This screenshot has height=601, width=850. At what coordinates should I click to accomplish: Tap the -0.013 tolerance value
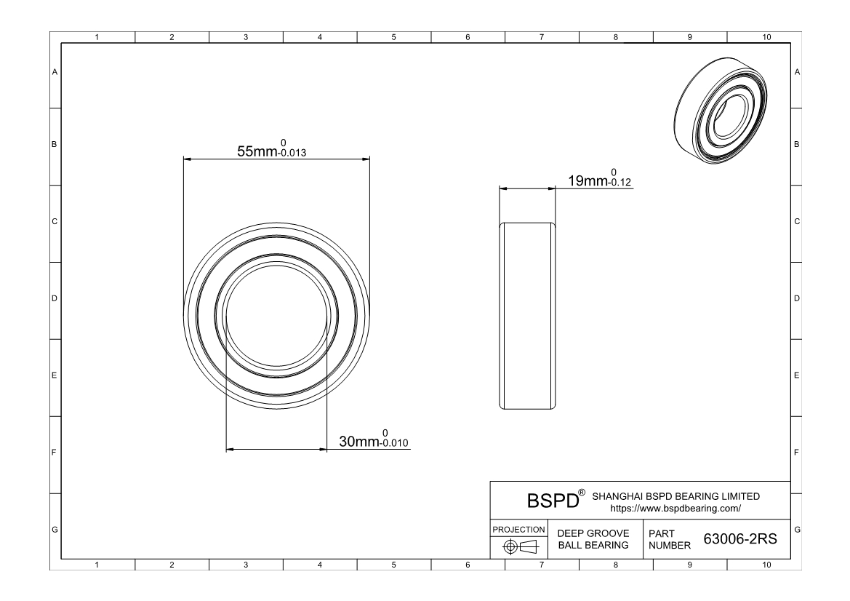click(x=292, y=153)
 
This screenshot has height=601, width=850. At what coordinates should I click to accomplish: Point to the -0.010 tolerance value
click(x=394, y=443)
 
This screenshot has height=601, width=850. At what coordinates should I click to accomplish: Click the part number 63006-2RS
click(x=740, y=538)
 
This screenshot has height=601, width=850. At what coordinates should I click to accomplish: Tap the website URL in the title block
click(x=675, y=509)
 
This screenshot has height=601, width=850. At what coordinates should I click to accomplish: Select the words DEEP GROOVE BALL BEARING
click(x=593, y=539)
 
